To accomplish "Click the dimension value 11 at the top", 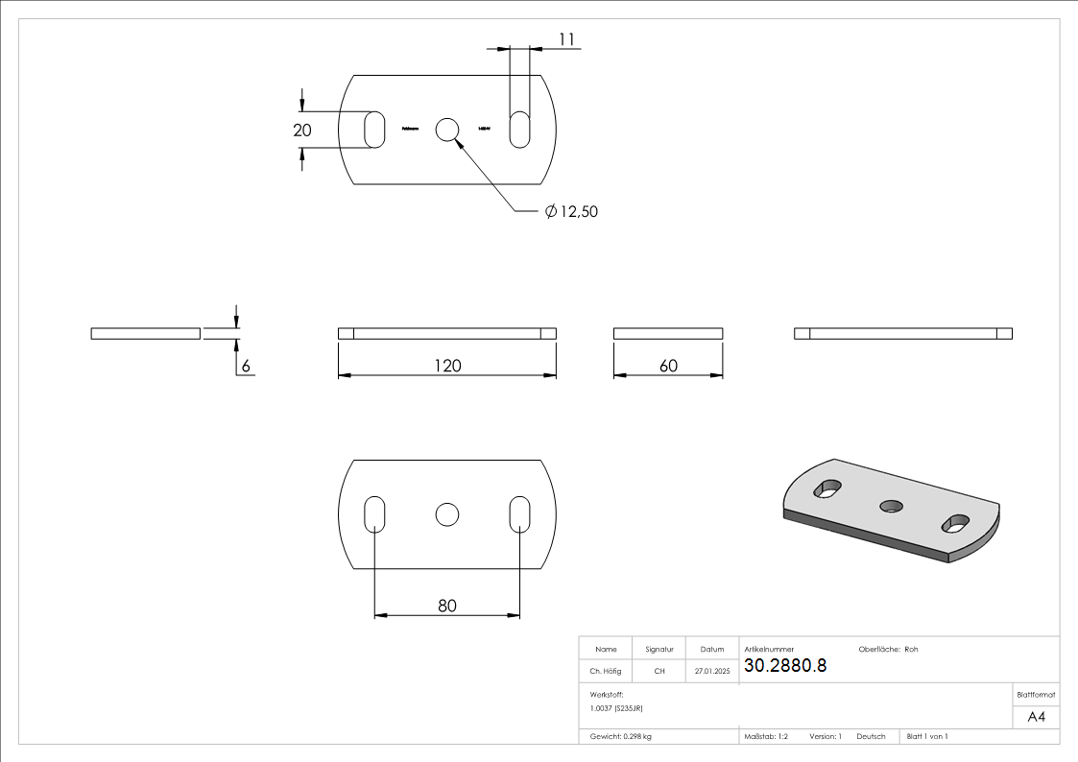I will [566, 39].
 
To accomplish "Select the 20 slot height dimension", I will [302, 131].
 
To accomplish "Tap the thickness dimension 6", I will [246, 366].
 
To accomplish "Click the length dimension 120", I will [447, 366].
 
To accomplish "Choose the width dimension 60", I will [668, 366].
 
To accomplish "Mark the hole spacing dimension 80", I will [447, 606].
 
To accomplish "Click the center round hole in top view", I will [447, 130].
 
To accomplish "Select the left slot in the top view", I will [375, 130].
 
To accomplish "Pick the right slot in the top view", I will [519, 130].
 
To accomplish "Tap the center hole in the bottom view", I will [447, 514].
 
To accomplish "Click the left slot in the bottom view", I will [375, 514].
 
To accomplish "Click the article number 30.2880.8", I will [785, 666].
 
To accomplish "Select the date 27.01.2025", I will [712, 672].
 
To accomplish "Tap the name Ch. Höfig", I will [606, 672].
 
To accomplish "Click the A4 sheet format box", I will [1037, 717].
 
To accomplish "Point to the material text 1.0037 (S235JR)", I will [617, 707].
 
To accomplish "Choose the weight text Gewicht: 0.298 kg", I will [621, 736].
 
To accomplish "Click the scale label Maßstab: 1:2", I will [766, 736].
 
